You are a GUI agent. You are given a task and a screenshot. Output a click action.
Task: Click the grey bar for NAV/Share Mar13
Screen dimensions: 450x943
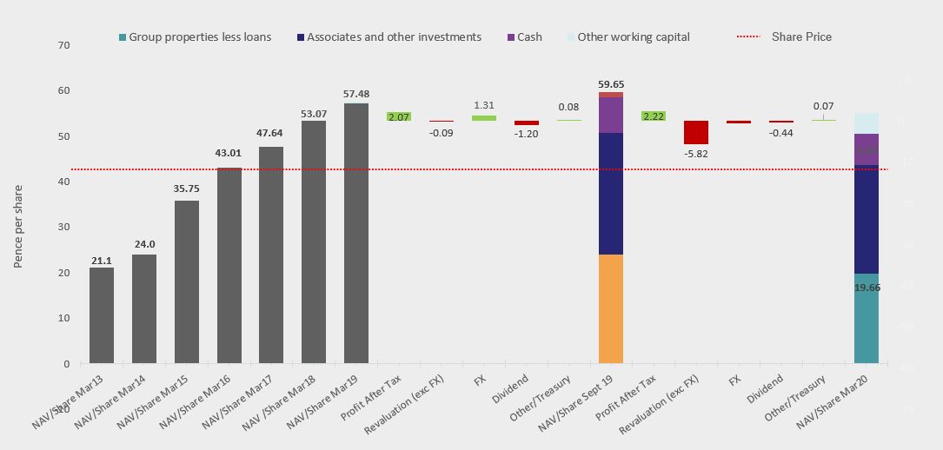[102, 315]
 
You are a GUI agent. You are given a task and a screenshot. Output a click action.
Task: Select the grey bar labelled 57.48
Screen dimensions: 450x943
[356, 233]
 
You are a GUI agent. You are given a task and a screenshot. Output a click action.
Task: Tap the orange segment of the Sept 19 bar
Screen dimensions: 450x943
[611, 308]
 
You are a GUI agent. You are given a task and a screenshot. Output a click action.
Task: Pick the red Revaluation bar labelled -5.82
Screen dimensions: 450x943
[696, 132]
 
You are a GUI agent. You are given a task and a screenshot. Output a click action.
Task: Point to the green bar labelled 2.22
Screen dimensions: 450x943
[654, 116]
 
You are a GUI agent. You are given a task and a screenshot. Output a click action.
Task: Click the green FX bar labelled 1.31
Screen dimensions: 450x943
[484, 118]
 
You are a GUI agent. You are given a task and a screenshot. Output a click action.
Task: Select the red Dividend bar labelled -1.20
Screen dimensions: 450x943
[527, 123]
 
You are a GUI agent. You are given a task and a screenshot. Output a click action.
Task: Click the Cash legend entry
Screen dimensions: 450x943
[524, 37]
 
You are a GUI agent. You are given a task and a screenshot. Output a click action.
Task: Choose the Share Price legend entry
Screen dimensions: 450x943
[784, 37]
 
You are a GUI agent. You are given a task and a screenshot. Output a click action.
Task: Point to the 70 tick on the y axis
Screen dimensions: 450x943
[63, 44]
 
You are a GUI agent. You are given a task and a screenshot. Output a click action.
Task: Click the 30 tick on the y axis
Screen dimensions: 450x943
[63, 227]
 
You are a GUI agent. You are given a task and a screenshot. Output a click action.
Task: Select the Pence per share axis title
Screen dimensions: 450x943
[18, 225]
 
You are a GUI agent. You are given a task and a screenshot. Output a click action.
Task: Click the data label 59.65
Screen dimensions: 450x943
[611, 84]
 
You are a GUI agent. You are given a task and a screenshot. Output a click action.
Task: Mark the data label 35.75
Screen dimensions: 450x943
[187, 189]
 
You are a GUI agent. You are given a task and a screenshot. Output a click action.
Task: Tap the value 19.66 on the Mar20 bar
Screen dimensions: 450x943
[867, 288]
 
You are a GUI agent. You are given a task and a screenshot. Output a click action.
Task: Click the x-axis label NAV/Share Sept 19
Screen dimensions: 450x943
[574, 405]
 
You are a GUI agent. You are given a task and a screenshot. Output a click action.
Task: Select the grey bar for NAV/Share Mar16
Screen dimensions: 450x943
[229, 265]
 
